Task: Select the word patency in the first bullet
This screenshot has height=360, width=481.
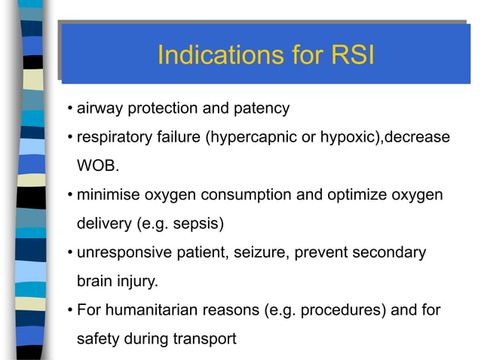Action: tap(260, 108)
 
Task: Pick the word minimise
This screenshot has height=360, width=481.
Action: tap(108, 194)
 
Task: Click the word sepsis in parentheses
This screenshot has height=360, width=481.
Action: tap(198, 224)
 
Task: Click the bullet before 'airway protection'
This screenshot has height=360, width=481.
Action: tap(69, 108)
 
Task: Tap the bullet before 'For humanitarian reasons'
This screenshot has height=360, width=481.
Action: tap(69, 310)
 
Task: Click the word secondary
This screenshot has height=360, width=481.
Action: tap(393, 252)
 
